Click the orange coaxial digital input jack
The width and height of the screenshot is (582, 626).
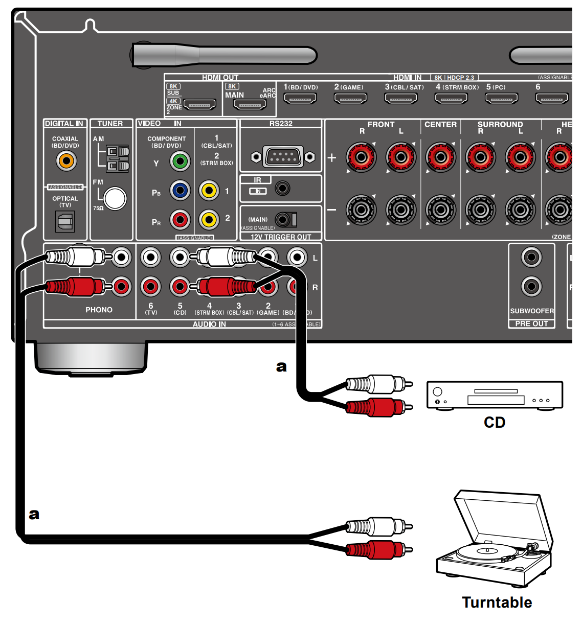[x=66, y=161]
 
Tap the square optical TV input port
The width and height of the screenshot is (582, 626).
[x=65, y=221]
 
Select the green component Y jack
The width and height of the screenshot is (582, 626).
[x=180, y=161]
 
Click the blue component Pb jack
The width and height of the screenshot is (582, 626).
[x=180, y=191]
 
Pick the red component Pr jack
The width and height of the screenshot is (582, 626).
[x=180, y=220]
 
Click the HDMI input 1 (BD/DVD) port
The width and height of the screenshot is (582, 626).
[x=300, y=98]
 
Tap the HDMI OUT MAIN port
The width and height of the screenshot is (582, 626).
[x=250, y=105]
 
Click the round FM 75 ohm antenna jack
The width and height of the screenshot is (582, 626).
[x=115, y=199]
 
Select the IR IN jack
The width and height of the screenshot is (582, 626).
[x=282, y=189]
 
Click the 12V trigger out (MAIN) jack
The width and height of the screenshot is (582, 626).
[x=283, y=220]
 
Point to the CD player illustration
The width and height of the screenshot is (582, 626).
[x=494, y=395]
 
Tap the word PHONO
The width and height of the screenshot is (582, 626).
[x=99, y=310]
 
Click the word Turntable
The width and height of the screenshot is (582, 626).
[x=497, y=602]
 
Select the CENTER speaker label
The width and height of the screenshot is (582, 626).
[x=440, y=124]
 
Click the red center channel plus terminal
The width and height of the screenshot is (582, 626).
[x=440, y=156]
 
